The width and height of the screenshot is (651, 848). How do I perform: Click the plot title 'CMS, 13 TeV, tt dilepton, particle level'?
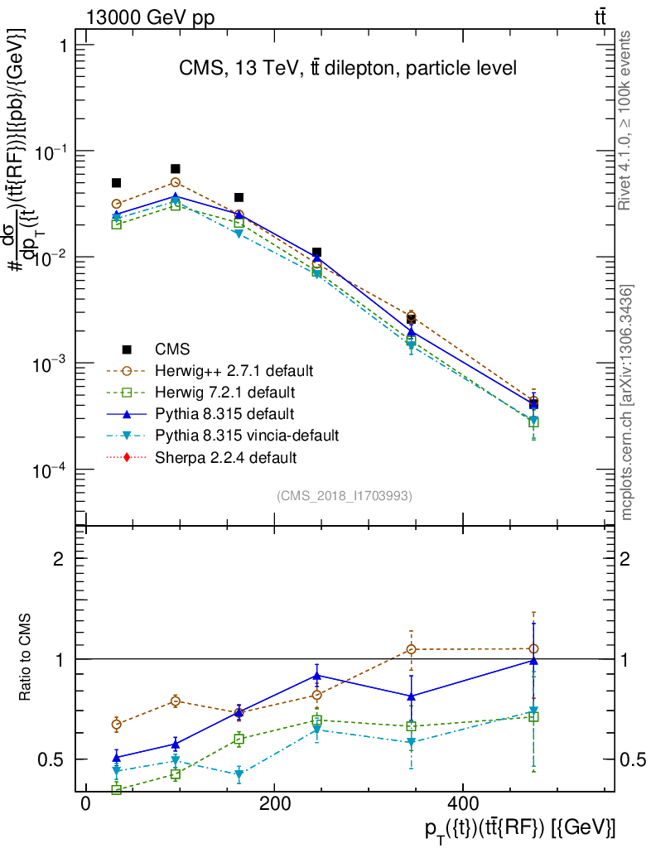pyautogui.click(x=348, y=69)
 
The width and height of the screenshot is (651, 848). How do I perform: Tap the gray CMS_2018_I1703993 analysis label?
pyautogui.click(x=345, y=495)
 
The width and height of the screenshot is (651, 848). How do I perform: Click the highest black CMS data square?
pyautogui.click(x=176, y=169)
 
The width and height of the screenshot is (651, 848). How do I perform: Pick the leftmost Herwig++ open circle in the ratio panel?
pyautogui.click(x=117, y=724)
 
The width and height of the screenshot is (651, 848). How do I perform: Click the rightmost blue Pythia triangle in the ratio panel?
pyautogui.click(x=533, y=661)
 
